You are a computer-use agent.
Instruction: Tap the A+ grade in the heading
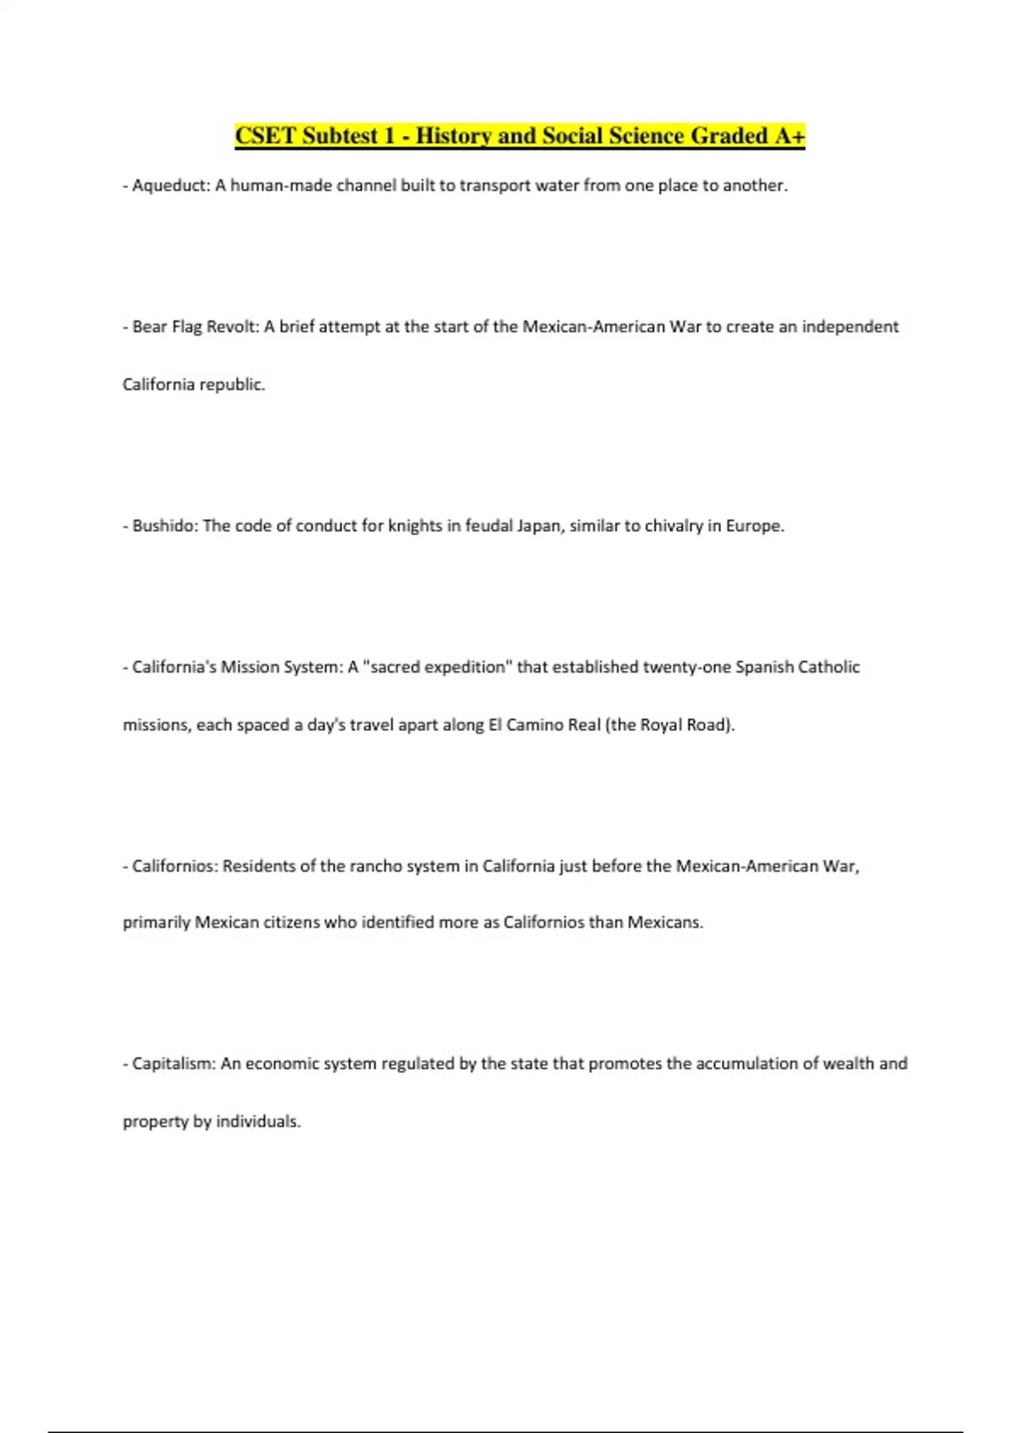[x=789, y=136]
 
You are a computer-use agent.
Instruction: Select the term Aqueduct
[x=170, y=185]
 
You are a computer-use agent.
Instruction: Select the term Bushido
[x=164, y=526]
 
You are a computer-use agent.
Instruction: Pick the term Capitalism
[x=174, y=1064]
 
